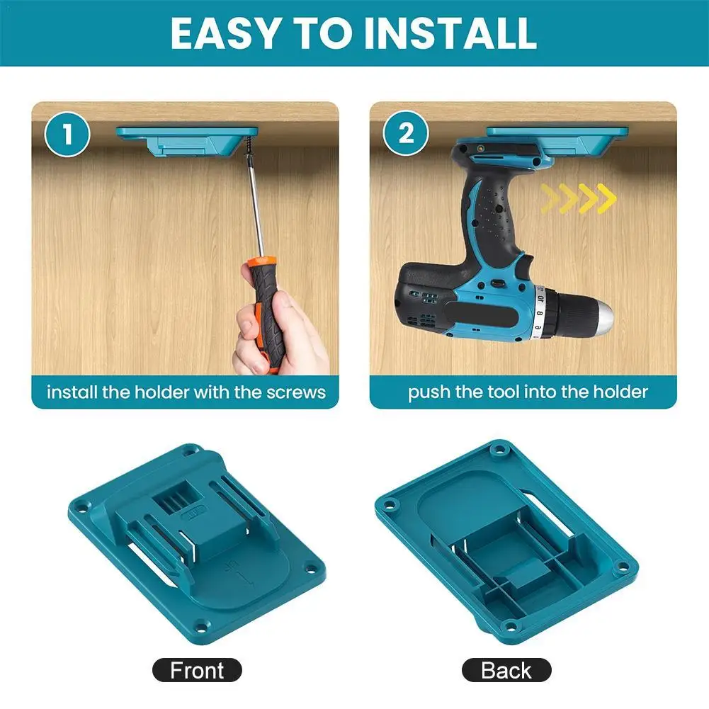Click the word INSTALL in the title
point(450,33)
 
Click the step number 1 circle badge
point(68,134)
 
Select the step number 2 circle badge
point(406,134)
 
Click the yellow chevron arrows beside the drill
point(578,198)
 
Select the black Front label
point(197,670)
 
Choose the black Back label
point(506,670)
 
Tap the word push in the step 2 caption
point(429,392)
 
